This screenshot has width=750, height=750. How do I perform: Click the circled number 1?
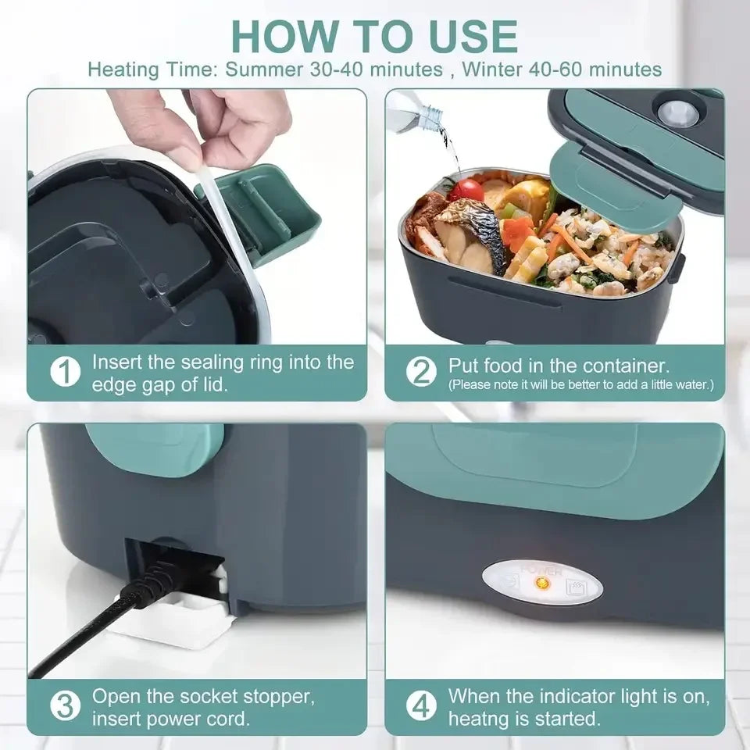point(66,373)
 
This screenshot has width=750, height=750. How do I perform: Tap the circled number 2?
point(422,373)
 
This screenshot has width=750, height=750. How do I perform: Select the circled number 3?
point(66,707)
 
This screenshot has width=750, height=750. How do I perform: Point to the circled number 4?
point(422,707)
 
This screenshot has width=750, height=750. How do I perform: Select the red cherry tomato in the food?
point(467,189)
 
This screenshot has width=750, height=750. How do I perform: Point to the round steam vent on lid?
point(676,112)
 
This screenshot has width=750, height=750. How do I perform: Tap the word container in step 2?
point(623,366)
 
